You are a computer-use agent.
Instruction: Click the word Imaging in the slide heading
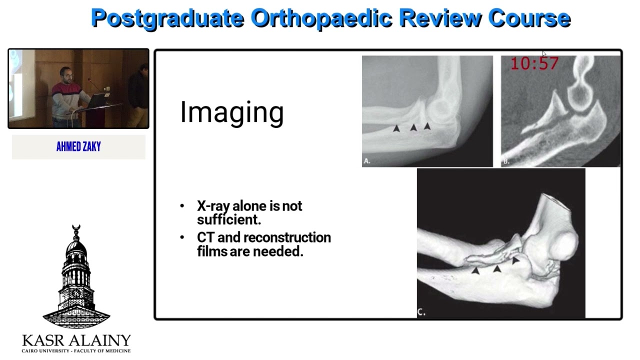tap(231, 112)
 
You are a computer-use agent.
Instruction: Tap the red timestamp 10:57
tap(534, 63)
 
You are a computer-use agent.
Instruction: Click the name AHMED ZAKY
tap(78, 146)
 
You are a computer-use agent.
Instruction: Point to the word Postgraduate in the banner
tap(167, 18)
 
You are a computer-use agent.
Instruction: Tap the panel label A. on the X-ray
tap(367, 161)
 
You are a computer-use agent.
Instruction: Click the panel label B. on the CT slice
tap(506, 161)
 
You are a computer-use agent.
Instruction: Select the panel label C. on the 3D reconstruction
tap(421, 312)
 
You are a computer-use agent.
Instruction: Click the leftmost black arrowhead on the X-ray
tap(396, 128)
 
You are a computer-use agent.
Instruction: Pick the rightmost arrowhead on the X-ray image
tap(427, 126)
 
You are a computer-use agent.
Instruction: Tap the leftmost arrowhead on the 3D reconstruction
tap(475, 270)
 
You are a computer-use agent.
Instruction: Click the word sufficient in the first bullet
tap(228, 219)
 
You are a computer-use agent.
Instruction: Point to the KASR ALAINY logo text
tap(76, 340)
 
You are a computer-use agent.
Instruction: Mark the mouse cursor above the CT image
tap(544, 54)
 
